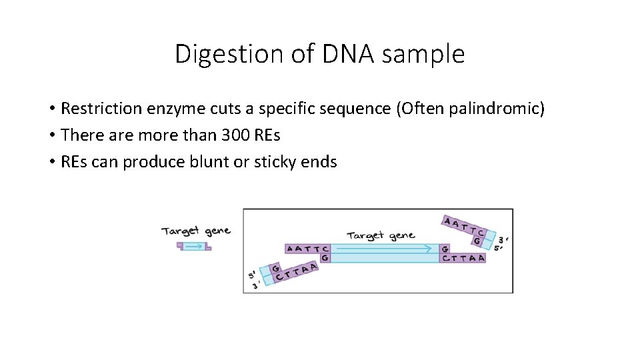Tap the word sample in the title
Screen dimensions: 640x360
point(423,54)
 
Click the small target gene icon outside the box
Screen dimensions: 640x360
point(193,246)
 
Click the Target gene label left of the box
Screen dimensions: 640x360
point(196,231)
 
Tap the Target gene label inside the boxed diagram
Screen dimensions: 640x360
point(381,235)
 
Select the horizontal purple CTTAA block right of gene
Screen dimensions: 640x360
point(463,257)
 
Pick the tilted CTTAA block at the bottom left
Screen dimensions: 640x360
point(296,271)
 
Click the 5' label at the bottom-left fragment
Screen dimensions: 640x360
point(252,275)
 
